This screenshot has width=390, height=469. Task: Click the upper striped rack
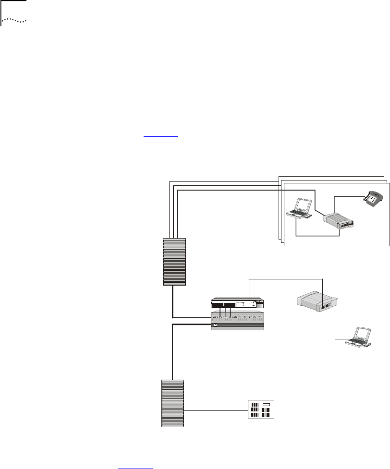click(174, 262)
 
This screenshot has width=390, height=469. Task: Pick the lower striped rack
click(172, 403)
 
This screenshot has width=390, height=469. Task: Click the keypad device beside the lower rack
click(262, 409)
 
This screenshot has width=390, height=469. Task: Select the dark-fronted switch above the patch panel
click(237, 303)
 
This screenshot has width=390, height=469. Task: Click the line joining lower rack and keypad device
click(216, 411)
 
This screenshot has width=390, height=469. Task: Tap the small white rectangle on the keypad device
click(267, 405)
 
